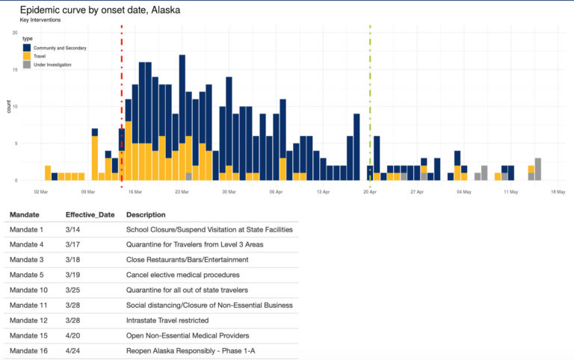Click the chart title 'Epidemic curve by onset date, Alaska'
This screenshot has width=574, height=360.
pyautogui.click(x=99, y=10)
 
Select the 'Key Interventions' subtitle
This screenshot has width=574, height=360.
pyautogui.click(x=40, y=20)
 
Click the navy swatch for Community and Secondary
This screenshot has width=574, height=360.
pyautogui.click(x=27, y=48)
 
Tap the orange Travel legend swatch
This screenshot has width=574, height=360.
pyautogui.click(x=27, y=56)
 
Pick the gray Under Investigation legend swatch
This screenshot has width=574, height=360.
pyautogui.click(x=27, y=65)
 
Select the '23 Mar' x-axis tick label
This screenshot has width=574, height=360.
pyautogui.click(x=182, y=192)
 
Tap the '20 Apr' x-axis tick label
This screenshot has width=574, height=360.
pyautogui.click(x=370, y=192)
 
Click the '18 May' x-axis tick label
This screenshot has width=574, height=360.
pyautogui.click(x=558, y=192)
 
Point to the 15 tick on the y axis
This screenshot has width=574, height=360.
pyautogui.click(x=15, y=69)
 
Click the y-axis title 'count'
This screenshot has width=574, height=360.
pyautogui.click(x=9, y=107)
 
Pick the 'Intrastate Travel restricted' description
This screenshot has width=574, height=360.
pyautogui.click(x=167, y=320)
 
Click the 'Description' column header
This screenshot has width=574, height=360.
pyautogui.click(x=146, y=214)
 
